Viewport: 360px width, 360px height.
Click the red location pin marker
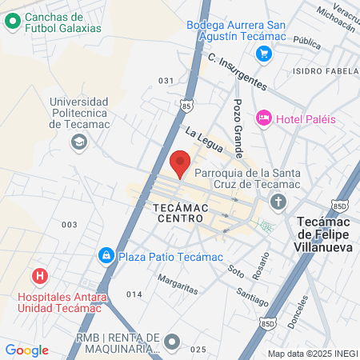(x=181, y=162)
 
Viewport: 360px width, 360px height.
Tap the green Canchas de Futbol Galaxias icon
(x=13, y=22)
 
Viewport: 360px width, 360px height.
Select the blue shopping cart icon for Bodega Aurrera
(x=264, y=54)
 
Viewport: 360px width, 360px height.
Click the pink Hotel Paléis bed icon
(x=263, y=118)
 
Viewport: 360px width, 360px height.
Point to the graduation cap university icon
(x=78, y=142)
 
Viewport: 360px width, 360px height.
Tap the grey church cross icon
(x=278, y=201)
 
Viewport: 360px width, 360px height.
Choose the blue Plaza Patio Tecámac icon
(x=105, y=256)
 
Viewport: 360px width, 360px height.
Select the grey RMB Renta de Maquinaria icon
(x=171, y=342)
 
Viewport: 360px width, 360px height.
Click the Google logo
(x=26, y=350)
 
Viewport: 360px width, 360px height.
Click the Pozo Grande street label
(x=238, y=128)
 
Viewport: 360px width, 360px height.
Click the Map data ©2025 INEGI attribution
(x=311, y=354)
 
